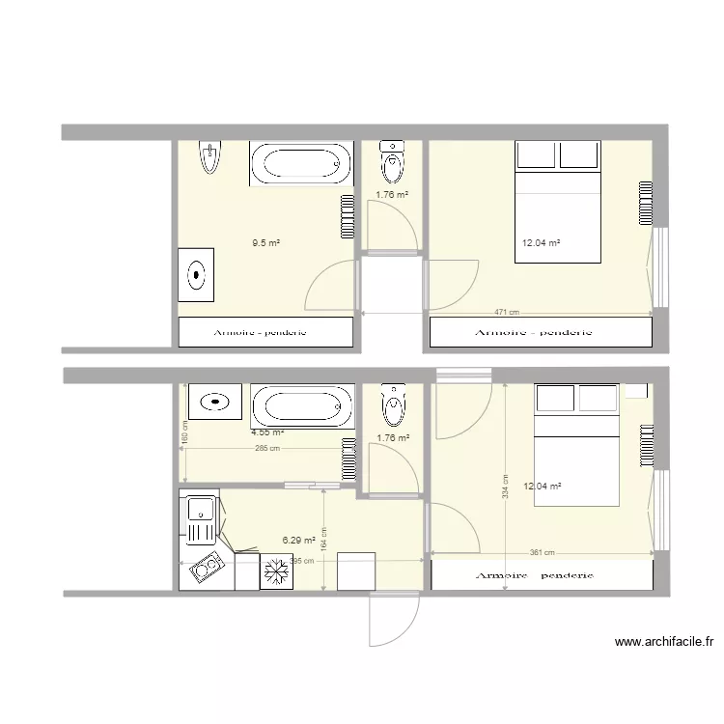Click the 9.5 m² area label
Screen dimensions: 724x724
click(x=265, y=243)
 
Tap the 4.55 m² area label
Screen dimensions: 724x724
click(x=265, y=432)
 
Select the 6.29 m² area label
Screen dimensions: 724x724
click(x=298, y=541)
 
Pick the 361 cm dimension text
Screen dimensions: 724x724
click(x=542, y=553)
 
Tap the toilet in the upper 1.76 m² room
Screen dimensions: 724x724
click(x=392, y=162)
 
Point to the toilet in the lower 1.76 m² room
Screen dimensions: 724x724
click(x=392, y=405)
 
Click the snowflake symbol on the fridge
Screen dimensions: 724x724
click(x=275, y=571)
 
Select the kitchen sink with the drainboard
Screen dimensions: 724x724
click(x=202, y=518)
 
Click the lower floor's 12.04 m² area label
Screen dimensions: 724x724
click(x=542, y=487)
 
